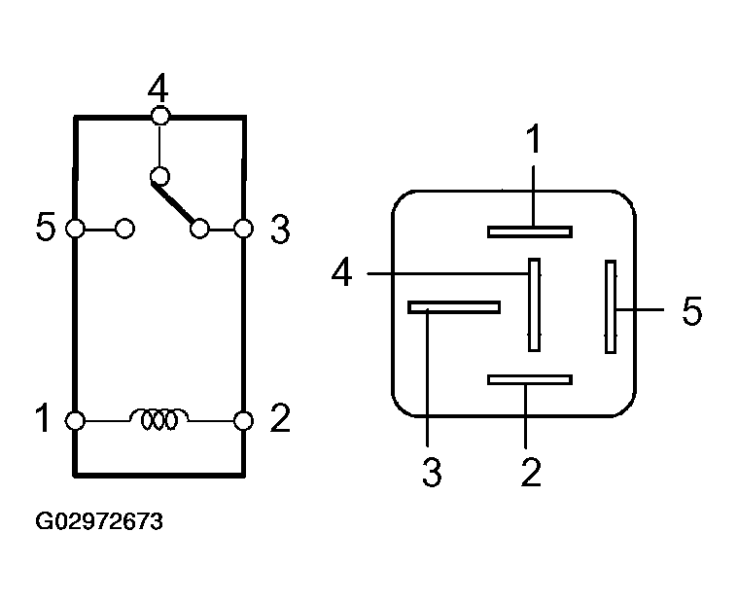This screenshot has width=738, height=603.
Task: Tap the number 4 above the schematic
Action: [158, 89]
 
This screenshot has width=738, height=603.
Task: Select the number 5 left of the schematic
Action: [45, 230]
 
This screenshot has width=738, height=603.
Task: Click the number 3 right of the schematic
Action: [279, 231]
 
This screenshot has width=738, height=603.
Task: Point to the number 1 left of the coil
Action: [43, 419]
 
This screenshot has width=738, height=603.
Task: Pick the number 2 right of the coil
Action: [279, 419]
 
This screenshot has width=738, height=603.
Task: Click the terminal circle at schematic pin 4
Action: [160, 117]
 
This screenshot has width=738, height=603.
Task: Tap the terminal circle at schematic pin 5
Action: [75, 230]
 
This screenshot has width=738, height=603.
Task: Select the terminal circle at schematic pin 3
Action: [244, 230]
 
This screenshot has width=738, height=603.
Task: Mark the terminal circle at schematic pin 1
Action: [75, 420]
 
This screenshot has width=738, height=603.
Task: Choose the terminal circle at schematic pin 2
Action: [244, 420]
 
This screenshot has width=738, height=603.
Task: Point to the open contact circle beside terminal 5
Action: [124, 230]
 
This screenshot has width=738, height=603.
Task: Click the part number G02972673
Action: [99, 522]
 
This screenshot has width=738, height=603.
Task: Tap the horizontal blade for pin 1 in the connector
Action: [530, 231]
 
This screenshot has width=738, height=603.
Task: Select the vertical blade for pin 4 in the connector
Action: [534, 304]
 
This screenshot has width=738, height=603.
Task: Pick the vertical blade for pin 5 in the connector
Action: [611, 306]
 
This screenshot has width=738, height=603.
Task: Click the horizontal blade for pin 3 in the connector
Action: [454, 307]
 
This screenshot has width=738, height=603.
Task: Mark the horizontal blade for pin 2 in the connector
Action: [530, 379]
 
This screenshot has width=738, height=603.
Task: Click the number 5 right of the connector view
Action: [690, 311]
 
